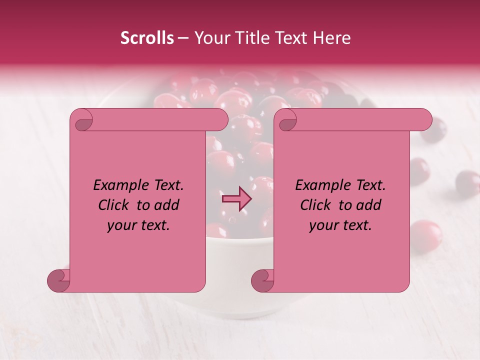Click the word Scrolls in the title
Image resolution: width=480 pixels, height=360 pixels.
point(147,38)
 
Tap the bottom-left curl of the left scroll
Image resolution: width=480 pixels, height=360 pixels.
point(59,280)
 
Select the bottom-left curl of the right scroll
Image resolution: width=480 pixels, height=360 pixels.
point(262,280)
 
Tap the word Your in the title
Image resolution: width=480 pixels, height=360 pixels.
point(210,38)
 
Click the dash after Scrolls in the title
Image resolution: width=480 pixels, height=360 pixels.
point(183,38)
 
